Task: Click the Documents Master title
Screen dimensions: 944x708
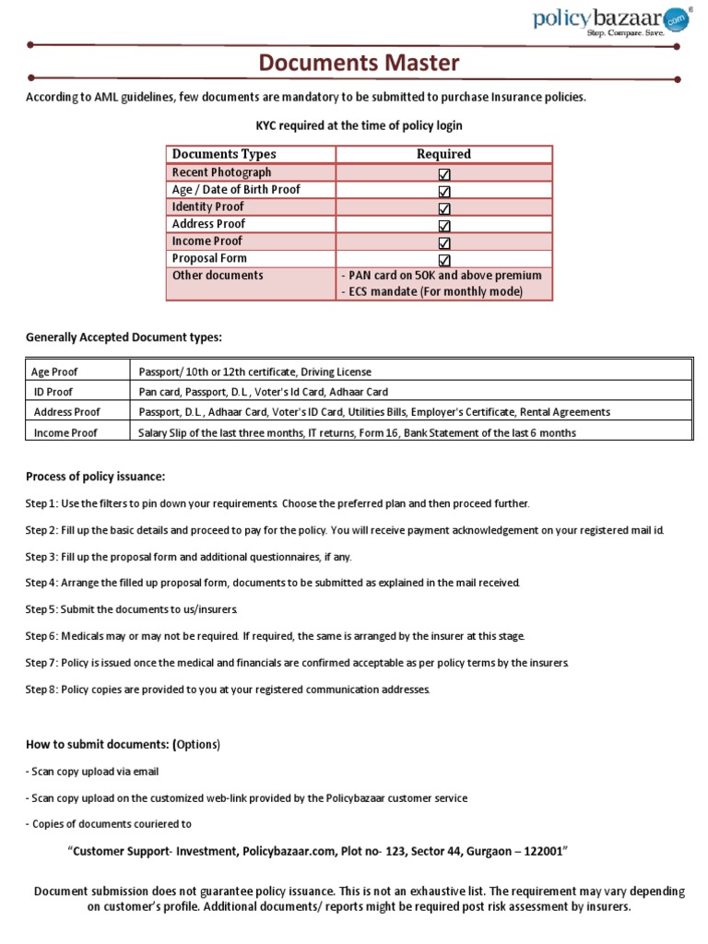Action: pyautogui.click(x=359, y=64)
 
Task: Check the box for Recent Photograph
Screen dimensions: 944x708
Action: pyautogui.click(x=444, y=173)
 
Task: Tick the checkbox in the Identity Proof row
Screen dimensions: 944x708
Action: pyautogui.click(x=444, y=207)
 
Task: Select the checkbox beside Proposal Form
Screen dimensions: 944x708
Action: pyautogui.click(x=444, y=259)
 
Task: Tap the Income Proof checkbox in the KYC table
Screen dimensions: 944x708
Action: pyautogui.click(x=444, y=242)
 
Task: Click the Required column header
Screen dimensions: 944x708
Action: pyautogui.click(x=443, y=154)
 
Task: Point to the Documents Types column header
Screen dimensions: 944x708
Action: pyautogui.click(x=224, y=154)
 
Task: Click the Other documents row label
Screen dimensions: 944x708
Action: pyautogui.click(x=218, y=276)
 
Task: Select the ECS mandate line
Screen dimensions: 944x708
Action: pyautogui.click(x=431, y=291)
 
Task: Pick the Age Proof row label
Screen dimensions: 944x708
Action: pyautogui.click(x=54, y=372)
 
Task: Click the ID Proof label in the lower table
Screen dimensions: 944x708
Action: pyautogui.click(x=53, y=392)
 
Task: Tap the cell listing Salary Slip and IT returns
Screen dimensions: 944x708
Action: pyautogui.click(x=357, y=432)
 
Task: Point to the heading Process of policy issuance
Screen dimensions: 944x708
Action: pyautogui.click(x=96, y=476)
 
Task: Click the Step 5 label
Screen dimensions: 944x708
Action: pyautogui.click(x=41, y=610)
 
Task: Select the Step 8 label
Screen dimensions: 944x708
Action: pyautogui.click(x=41, y=690)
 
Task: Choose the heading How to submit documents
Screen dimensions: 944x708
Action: pyautogui.click(x=123, y=744)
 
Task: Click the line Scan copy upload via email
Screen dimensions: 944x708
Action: pyautogui.click(x=99, y=772)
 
